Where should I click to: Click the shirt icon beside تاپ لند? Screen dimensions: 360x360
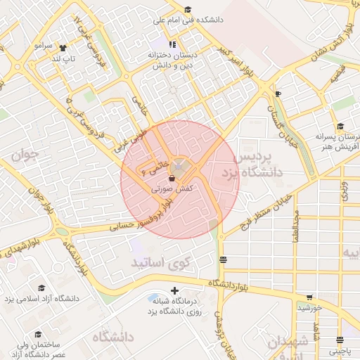click(63, 49)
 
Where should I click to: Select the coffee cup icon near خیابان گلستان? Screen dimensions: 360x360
click(278, 94)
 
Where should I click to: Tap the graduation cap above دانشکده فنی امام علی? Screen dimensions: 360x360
click(187, 10)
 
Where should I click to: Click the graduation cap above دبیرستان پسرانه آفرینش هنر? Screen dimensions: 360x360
click(340, 127)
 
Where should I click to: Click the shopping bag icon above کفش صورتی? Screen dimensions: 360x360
click(172, 179)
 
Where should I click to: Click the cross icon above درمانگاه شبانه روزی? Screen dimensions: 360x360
click(174, 290)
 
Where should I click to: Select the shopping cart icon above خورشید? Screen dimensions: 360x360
click(309, 297)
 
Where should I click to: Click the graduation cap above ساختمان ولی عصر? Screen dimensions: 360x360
click(38, 334)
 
